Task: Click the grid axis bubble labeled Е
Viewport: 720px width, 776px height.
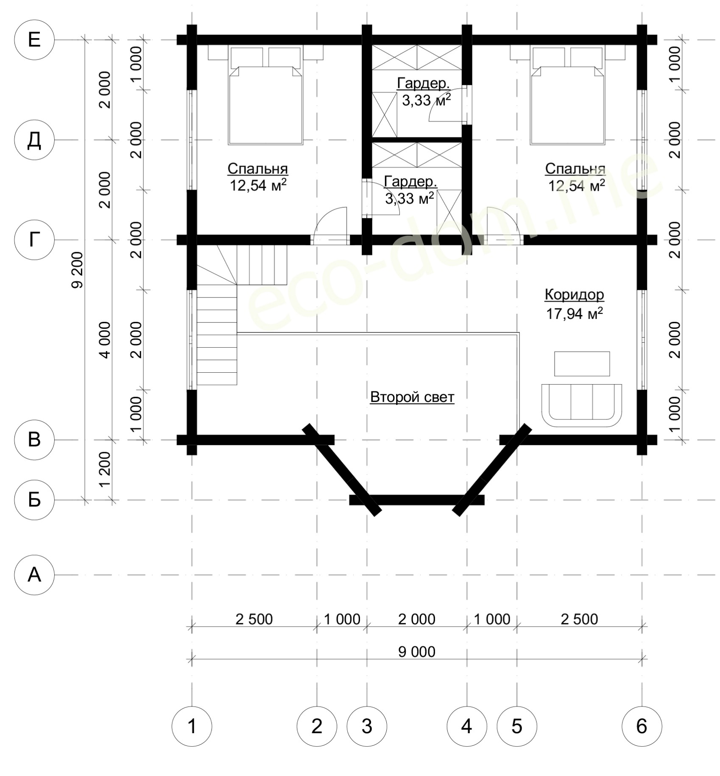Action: pyautogui.click(x=34, y=40)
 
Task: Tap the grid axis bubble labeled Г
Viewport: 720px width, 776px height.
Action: pyautogui.click(x=34, y=240)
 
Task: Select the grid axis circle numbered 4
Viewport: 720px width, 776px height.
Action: pyautogui.click(x=467, y=726)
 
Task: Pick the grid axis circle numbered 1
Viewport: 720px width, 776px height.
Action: pyautogui.click(x=192, y=726)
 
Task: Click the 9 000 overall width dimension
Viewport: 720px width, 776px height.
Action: pyautogui.click(x=417, y=652)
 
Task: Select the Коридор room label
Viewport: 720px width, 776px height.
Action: pyautogui.click(x=574, y=294)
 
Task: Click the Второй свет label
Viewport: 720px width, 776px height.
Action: pyautogui.click(x=412, y=397)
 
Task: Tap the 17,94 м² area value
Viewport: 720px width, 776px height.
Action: pyautogui.click(x=574, y=313)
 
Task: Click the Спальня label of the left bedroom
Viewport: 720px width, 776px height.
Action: pyautogui.click(x=258, y=168)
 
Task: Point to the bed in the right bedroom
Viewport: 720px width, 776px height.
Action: pyautogui.click(x=568, y=96)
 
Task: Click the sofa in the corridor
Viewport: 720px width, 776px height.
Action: pyautogui.click(x=581, y=405)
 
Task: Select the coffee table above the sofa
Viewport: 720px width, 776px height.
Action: pyautogui.click(x=582, y=363)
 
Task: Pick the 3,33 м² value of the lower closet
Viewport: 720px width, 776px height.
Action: pyautogui.click(x=409, y=198)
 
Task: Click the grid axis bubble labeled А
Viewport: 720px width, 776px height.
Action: pyautogui.click(x=34, y=575)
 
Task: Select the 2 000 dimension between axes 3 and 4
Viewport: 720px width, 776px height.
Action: pyautogui.click(x=417, y=619)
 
